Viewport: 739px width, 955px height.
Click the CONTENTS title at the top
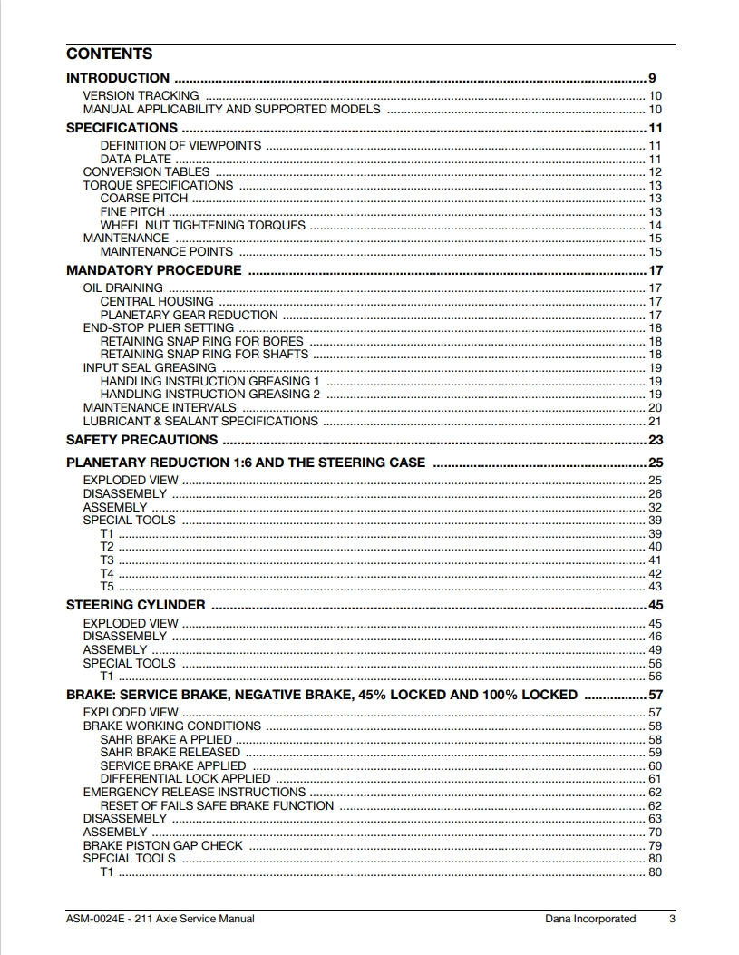[109, 54]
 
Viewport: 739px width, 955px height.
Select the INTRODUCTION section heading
[118, 78]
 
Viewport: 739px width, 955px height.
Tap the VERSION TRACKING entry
[141, 96]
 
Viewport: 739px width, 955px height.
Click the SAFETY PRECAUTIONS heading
[142, 440]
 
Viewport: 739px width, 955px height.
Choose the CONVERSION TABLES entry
[146, 172]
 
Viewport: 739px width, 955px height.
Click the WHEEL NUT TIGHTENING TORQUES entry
[203, 225]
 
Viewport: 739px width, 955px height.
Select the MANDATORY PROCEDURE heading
[154, 270]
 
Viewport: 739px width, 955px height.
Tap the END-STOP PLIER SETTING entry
[158, 328]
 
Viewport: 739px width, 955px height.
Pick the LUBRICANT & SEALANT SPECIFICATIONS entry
[200, 421]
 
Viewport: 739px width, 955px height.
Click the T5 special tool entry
[107, 587]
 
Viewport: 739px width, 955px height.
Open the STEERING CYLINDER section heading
[136, 605]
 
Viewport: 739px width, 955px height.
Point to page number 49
[655, 650]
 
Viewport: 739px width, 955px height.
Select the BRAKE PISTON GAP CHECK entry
[163, 845]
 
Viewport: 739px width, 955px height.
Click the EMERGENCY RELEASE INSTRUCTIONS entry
[194, 793]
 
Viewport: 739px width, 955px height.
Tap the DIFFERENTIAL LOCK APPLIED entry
[185, 779]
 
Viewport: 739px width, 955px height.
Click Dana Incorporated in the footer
[590, 919]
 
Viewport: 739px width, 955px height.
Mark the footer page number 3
[672, 919]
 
